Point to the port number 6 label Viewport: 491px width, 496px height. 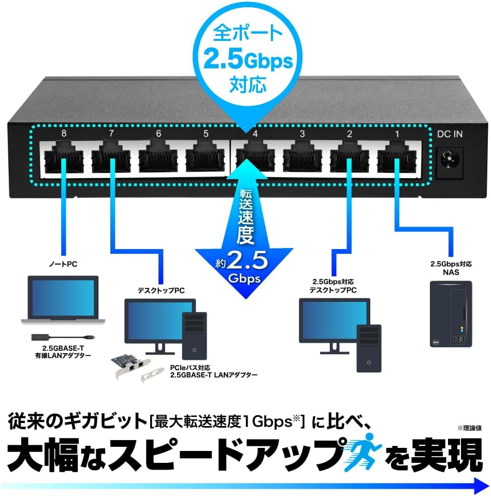[x=158, y=134]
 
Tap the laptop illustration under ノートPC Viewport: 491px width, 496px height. [x=63, y=300]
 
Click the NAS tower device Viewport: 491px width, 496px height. [x=451, y=314]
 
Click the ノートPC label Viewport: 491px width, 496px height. [x=63, y=265]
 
